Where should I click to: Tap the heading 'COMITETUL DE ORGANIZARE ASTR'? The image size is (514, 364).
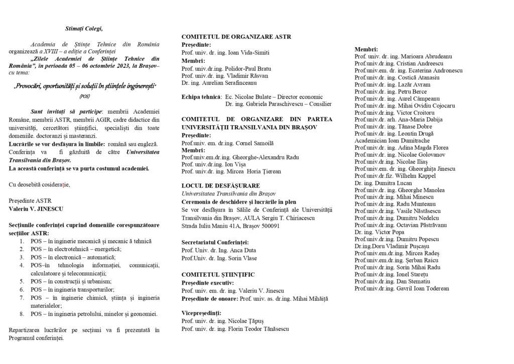point(236,37)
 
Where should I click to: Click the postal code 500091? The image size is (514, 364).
point(269,226)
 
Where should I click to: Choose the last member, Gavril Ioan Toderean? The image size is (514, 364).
point(402,288)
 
